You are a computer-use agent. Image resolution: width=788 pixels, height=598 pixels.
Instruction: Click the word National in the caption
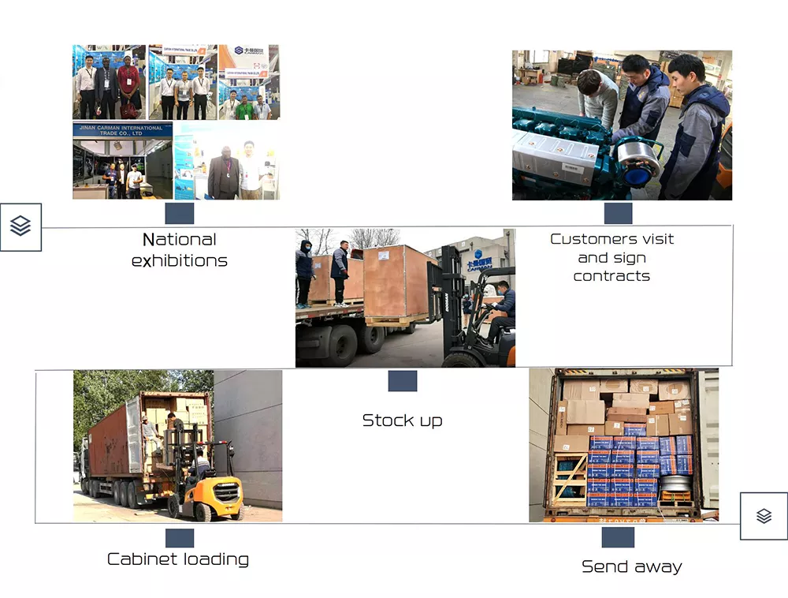[179, 239]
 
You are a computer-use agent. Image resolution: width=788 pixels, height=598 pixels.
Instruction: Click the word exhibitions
[179, 260]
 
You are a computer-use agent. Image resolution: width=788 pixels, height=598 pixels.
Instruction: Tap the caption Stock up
[402, 420]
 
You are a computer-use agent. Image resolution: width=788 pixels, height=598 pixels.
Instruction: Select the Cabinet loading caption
[178, 559]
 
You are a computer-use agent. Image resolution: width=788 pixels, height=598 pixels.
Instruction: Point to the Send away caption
[631, 566]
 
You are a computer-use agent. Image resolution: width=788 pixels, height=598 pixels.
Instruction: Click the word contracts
[611, 276]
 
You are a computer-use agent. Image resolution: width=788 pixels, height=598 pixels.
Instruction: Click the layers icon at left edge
[20, 226]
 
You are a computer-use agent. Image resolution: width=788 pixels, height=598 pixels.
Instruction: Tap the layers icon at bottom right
[764, 516]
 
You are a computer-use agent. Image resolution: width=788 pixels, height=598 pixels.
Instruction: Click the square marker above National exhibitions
[180, 213]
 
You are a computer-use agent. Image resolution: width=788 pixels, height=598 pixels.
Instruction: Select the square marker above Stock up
[402, 380]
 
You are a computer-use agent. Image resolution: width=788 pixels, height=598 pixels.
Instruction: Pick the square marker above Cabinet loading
[180, 538]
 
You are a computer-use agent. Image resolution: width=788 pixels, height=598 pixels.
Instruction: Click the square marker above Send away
[618, 537]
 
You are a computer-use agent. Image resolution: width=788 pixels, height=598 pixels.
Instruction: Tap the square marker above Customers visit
[618, 213]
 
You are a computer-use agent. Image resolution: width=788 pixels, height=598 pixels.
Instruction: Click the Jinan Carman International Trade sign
[121, 130]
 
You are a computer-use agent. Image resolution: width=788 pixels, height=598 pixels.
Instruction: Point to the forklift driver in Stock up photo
[500, 308]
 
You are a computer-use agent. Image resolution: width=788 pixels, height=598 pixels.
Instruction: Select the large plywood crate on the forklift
[399, 282]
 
